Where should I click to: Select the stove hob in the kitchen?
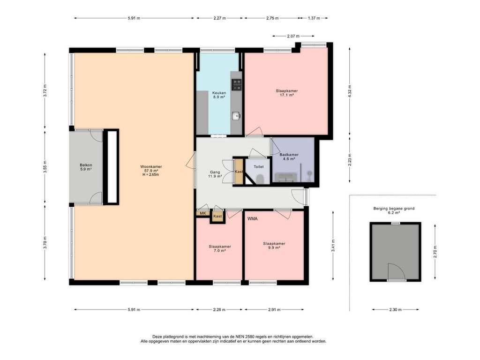(236, 85)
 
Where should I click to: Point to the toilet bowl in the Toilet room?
(260, 179)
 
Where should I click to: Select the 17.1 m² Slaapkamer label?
(286, 93)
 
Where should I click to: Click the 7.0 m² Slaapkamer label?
(220, 248)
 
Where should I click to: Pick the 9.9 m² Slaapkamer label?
(274, 246)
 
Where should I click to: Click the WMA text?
(252, 218)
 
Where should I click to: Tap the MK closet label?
(202, 213)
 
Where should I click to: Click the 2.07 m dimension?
(293, 36)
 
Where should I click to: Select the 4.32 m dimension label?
(350, 91)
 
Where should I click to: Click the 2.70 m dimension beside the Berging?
(435, 252)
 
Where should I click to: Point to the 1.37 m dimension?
(314, 18)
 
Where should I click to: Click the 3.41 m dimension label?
(333, 245)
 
